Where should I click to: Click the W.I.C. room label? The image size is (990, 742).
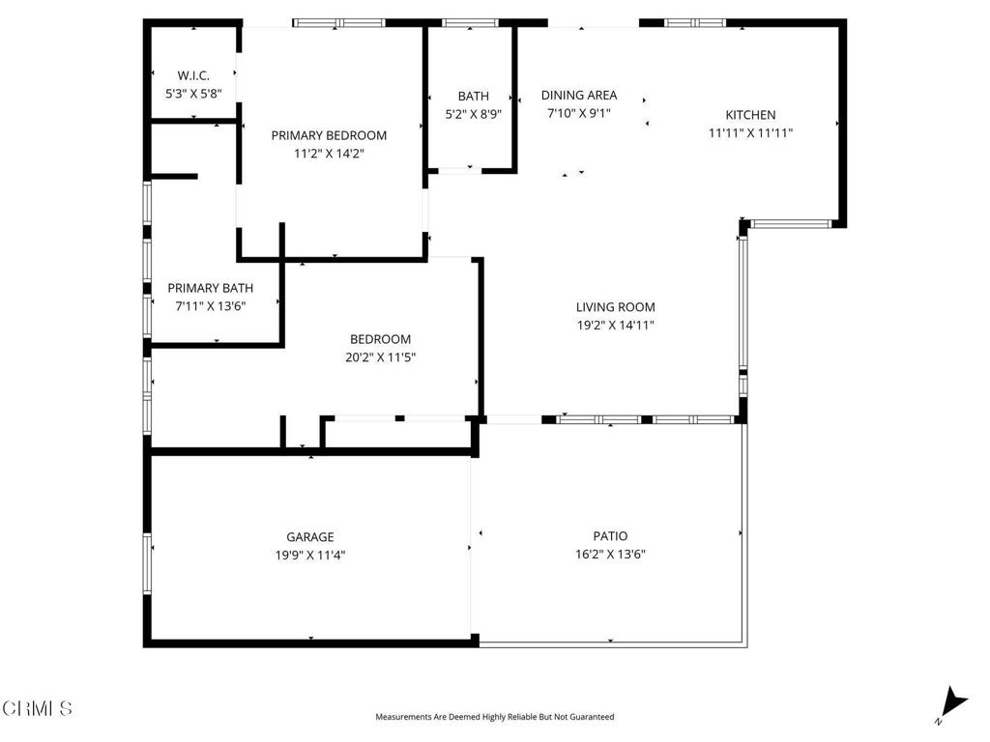coord(193,75)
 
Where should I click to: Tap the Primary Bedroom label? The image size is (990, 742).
coord(329,135)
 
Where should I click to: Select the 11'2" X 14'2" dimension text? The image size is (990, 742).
coord(329,154)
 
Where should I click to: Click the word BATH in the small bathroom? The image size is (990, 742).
coord(474,96)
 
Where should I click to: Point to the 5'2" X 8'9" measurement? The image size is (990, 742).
coord(474,114)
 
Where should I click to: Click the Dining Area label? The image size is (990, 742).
coord(579,96)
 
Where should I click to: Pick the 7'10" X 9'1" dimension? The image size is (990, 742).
coord(579,114)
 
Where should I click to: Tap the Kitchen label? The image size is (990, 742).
coord(750,115)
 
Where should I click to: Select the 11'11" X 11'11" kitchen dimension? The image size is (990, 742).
coord(750,133)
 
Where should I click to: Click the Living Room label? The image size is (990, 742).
coord(616,307)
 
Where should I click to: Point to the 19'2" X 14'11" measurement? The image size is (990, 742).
coord(616,326)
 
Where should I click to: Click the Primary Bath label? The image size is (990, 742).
coord(210,288)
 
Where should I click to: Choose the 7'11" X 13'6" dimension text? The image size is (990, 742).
coord(210,306)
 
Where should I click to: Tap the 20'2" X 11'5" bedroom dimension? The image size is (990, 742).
coord(381,357)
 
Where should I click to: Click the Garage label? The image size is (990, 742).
coord(310,537)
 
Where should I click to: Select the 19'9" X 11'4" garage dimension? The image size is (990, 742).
coord(310,556)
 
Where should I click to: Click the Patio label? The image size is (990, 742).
coord(611,536)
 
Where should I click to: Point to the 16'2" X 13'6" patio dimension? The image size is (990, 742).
coord(611,555)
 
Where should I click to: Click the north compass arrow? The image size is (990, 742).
coord(953,703)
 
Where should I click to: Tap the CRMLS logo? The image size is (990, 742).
coord(38,708)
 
